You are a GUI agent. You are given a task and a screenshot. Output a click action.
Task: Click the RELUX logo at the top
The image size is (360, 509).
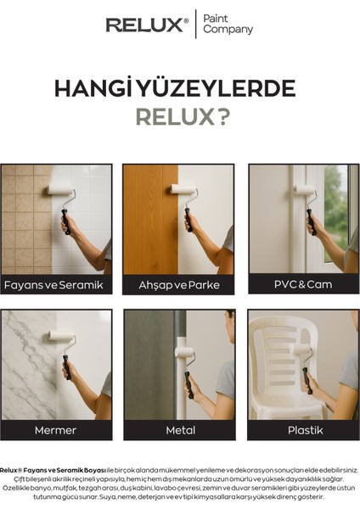coord(147,25)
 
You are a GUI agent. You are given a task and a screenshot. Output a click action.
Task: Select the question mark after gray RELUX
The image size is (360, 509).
coord(223,117)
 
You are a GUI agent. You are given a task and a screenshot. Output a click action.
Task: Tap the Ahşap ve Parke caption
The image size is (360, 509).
coord(179,285)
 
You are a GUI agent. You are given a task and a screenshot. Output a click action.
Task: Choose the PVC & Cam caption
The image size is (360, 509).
coord(303,285)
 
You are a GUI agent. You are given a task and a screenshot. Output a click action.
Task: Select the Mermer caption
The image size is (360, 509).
coord(55,430)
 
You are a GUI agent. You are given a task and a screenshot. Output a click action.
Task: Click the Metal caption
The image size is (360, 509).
coord(180,430)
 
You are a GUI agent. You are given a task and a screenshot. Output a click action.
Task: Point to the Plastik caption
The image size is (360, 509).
coord(303,430)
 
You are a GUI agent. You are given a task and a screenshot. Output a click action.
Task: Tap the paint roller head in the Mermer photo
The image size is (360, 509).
coord(63,336)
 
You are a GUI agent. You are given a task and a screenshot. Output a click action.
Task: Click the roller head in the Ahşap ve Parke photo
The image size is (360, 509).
coord(184,189)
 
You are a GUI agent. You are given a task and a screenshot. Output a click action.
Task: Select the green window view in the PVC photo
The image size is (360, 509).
coord(335,212)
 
